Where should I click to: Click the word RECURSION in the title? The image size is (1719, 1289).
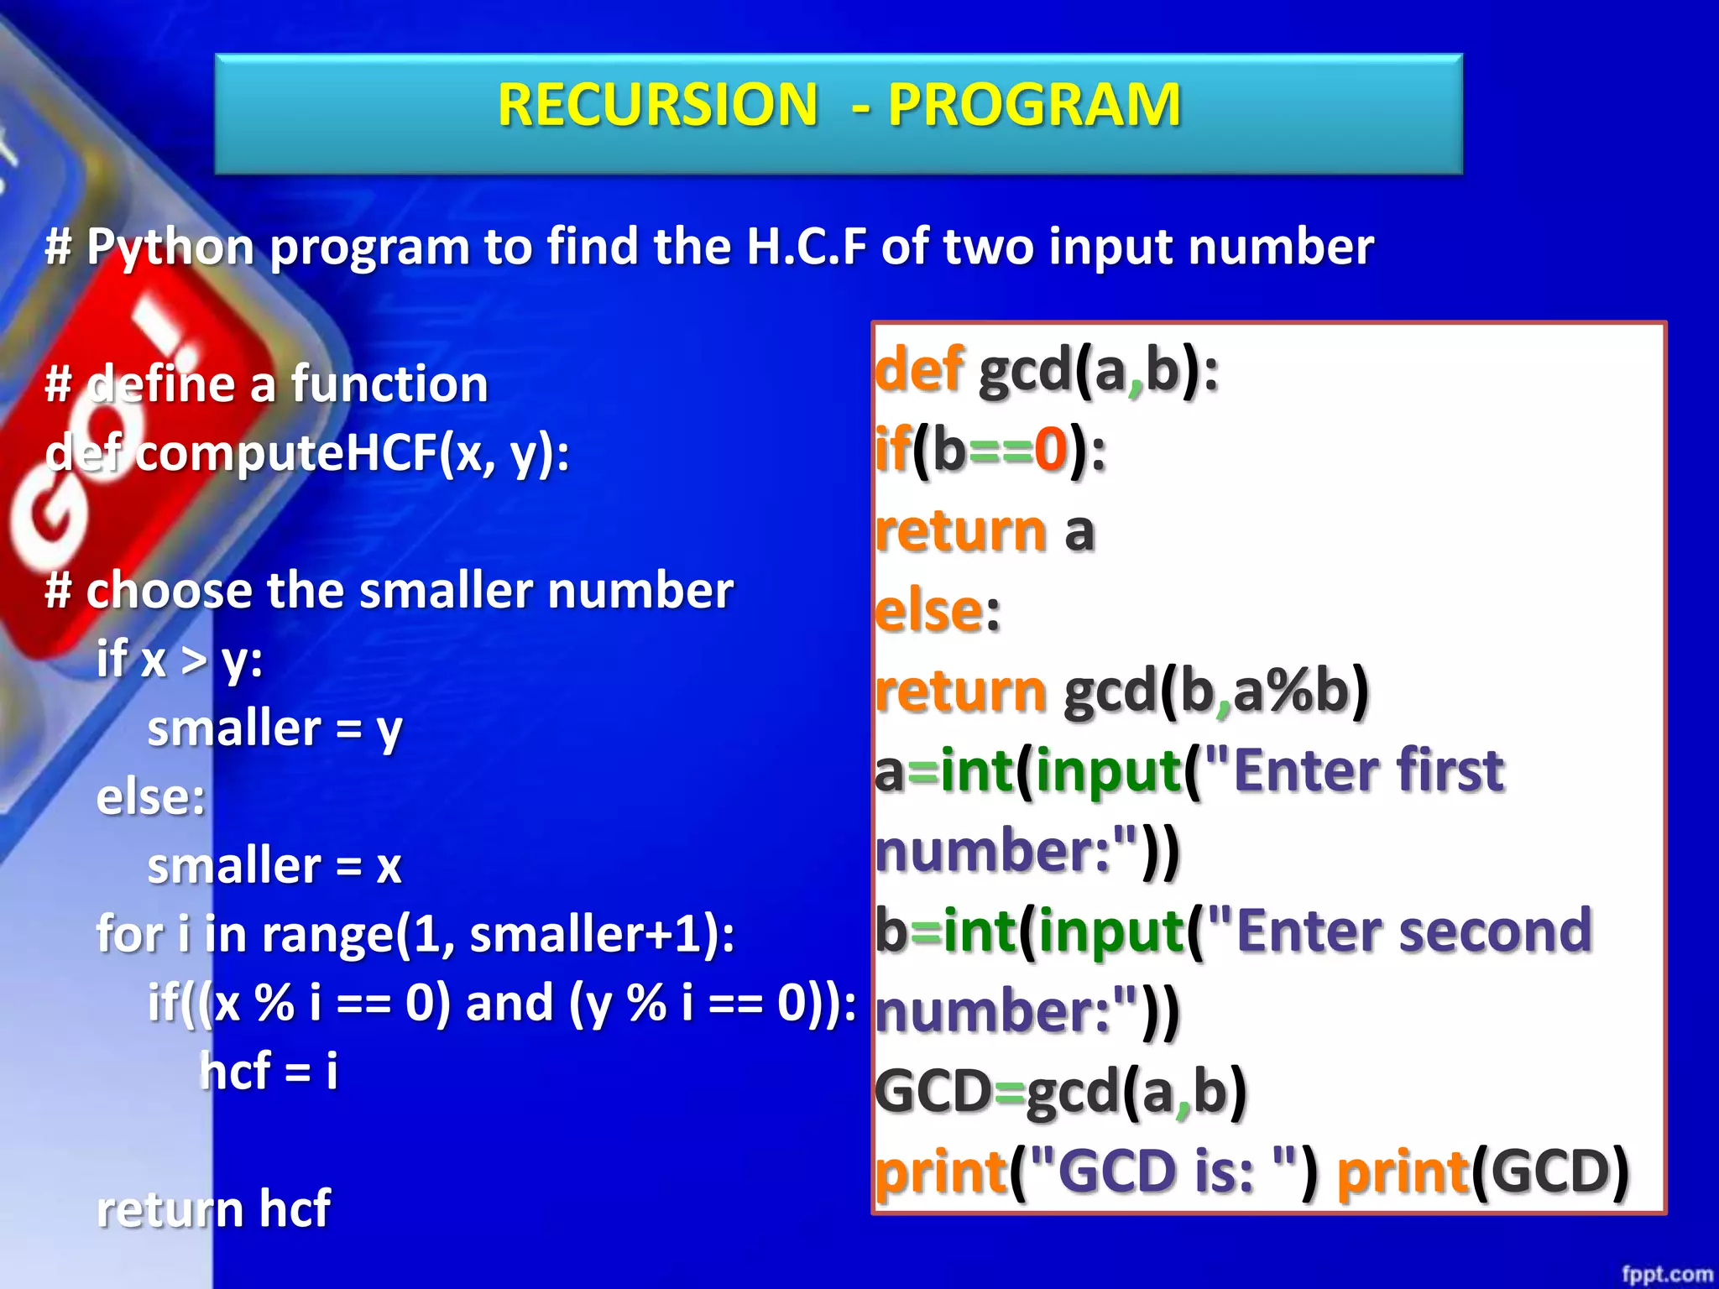click(x=657, y=105)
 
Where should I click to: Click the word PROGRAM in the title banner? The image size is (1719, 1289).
click(x=1034, y=105)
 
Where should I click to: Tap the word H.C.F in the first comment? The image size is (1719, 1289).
click(x=806, y=247)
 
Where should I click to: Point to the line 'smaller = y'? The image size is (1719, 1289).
click(x=274, y=728)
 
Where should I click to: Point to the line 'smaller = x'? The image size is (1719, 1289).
click(x=274, y=866)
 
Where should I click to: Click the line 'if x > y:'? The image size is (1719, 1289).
click(x=179, y=660)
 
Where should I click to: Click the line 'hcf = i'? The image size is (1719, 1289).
click(x=269, y=1072)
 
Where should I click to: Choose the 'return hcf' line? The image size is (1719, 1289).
click(x=213, y=1209)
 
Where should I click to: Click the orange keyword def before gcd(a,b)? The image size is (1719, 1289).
click(x=919, y=369)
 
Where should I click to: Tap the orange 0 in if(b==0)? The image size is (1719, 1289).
click(x=1050, y=450)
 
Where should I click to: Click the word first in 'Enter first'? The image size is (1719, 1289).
click(x=1450, y=770)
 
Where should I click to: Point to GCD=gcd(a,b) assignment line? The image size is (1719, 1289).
click(x=1061, y=1092)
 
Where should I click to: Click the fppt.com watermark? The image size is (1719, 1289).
click(x=1666, y=1274)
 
